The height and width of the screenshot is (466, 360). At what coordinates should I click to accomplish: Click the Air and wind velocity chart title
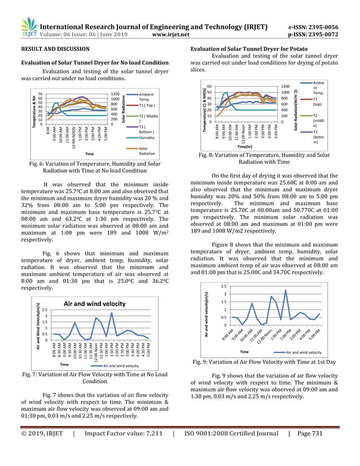pyautogui.click(x=94, y=304)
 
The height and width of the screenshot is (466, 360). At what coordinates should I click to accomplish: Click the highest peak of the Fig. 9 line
pyautogui.click(x=286, y=291)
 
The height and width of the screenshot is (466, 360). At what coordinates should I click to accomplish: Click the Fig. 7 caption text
pyautogui.click(x=95, y=377)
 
